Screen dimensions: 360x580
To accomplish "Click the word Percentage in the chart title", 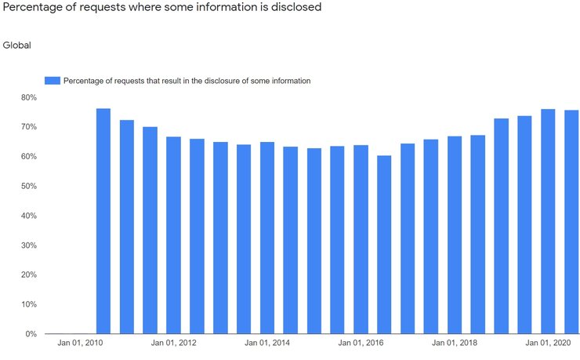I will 33,8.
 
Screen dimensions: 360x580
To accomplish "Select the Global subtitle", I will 17,45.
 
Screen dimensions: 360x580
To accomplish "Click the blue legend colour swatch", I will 52,81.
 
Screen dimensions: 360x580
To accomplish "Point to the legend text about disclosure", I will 187,81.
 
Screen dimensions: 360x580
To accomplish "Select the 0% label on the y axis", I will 31,334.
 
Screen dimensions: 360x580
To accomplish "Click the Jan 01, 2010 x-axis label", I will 80,344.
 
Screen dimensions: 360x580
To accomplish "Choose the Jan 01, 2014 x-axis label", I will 267,344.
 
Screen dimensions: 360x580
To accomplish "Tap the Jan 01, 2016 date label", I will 361,344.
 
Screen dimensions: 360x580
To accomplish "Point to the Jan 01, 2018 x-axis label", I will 454,344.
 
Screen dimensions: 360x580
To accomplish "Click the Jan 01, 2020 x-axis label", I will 548,344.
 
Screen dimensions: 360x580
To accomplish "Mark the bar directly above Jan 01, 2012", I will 173,235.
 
